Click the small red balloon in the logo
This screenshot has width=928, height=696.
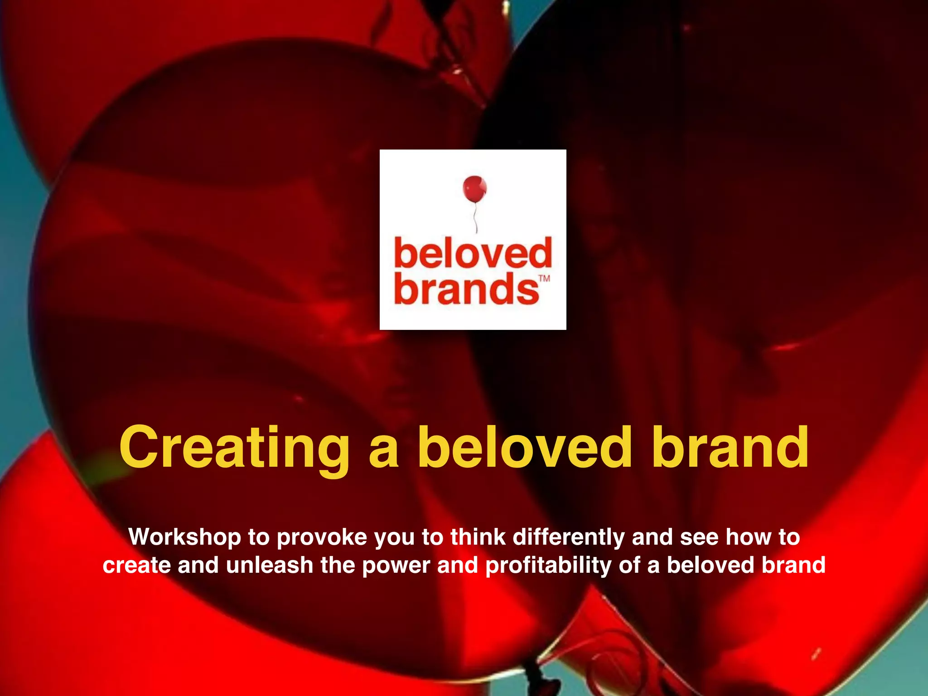click(474, 189)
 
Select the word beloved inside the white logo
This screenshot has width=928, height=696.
click(473, 254)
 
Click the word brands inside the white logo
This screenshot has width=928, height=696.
click(466, 290)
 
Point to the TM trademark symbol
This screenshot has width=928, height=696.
click(544, 278)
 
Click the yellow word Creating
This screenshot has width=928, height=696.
click(234, 448)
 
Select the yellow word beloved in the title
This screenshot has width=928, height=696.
click(524, 447)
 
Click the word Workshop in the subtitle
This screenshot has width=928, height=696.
click(184, 537)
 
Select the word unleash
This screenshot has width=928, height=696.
click(270, 565)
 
